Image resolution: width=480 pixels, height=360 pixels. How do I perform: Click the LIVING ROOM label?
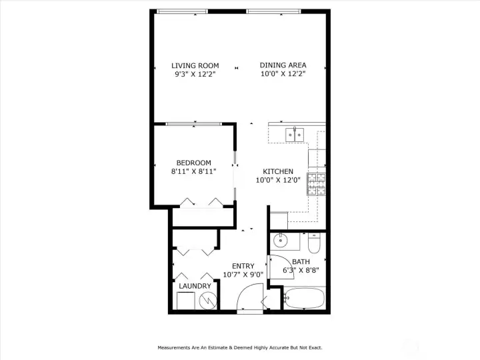(195, 65)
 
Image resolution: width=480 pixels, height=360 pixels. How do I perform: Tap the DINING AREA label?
(283, 65)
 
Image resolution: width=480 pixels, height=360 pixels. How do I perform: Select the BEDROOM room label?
(194, 163)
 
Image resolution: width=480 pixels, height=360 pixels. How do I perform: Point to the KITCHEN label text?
(278, 171)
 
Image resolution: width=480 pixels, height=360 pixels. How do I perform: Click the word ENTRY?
(243, 266)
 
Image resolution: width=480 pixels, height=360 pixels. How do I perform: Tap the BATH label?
(301, 262)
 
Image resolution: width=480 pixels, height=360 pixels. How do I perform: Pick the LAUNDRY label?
(195, 286)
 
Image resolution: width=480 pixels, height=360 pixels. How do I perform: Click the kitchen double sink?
(295, 135)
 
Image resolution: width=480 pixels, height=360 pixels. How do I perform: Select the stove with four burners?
(316, 184)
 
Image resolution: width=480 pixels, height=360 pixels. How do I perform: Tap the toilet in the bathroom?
(314, 243)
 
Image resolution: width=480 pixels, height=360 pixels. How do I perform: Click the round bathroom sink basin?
(280, 240)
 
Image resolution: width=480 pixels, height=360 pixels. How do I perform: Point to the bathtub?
(304, 298)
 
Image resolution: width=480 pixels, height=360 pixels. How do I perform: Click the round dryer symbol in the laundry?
(208, 300)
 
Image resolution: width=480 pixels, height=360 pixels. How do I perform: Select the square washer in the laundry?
(186, 301)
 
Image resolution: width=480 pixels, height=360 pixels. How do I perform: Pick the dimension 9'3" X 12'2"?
(195, 74)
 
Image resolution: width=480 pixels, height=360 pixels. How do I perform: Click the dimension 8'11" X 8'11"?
(194, 171)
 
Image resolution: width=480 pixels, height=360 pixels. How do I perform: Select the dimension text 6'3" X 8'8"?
(301, 270)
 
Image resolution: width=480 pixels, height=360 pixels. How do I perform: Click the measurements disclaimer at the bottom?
(240, 348)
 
